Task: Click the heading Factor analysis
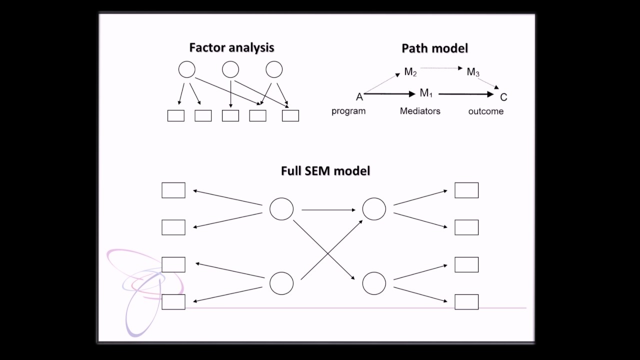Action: (231, 47)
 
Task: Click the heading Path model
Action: (434, 48)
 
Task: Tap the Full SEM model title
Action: (325, 170)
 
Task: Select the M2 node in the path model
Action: (410, 72)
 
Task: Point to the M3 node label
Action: (473, 72)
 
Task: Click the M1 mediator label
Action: (426, 93)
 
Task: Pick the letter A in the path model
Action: (359, 97)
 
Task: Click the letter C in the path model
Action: (503, 97)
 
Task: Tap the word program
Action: (348, 111)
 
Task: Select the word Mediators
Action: (420, 111)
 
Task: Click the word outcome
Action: (485, 111)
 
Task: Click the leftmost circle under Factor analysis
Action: (187, 69)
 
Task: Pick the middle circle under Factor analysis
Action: (230, 69)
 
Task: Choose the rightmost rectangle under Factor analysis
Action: (290, 115)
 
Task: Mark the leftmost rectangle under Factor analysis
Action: (175, 115)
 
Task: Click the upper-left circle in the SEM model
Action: (281, 209)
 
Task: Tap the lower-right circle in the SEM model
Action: (374, 283)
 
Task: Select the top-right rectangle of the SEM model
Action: (466, 190)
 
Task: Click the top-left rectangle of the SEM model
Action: (173, 190)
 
